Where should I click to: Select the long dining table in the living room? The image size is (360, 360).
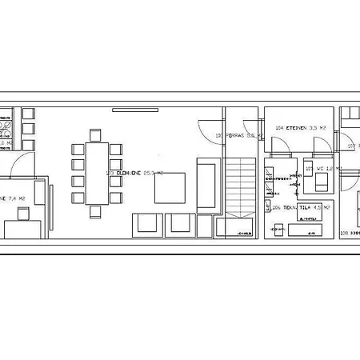coord(97,173)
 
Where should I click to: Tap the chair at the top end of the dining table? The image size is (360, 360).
coord(97,134)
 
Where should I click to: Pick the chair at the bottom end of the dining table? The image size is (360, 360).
coord(97,211)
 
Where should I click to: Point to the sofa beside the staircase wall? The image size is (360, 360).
coord(206,184)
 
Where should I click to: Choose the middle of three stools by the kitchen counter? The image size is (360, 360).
coord(29,128)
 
